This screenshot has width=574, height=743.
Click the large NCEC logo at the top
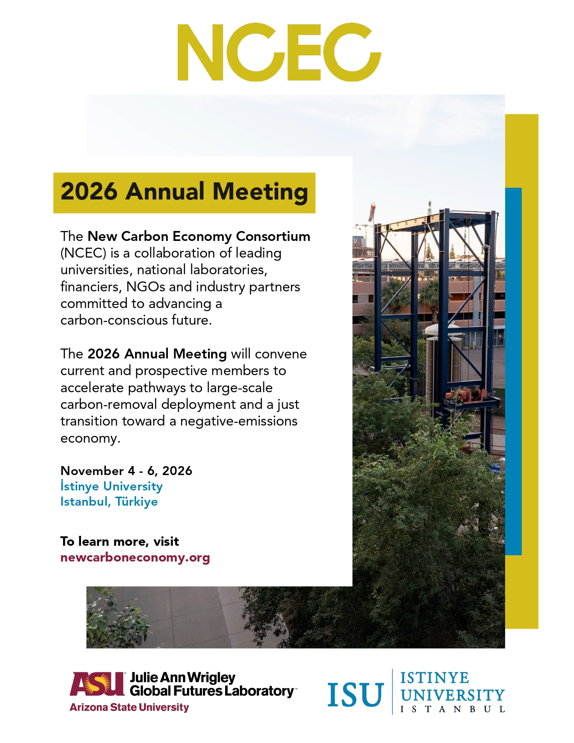point(279,52)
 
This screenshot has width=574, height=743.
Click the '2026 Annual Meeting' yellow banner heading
point(184,192)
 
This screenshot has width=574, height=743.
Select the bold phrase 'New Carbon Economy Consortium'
point(199,236)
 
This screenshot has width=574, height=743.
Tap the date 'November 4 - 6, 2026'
point(127,471)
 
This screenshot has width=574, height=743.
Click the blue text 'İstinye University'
point(112,486)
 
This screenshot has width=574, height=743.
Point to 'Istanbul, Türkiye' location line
point(109,502)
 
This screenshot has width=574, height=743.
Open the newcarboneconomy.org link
point(135,557)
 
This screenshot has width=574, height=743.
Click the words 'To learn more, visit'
point(120,542)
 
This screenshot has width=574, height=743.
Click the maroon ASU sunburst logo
point(97,684)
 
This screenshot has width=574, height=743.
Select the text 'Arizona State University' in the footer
point(129,707)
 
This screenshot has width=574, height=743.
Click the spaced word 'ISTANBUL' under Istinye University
point(452,710)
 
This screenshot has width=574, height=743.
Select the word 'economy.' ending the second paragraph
point(90,439)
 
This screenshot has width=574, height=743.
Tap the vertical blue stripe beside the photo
point(514,371)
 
